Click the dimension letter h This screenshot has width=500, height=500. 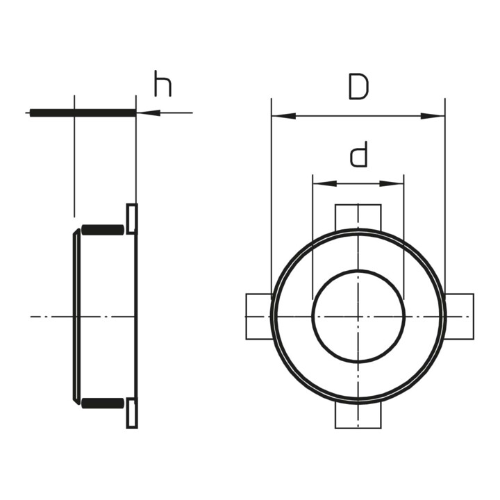[x=162, y=84]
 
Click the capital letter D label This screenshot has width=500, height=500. [x=359, y=86]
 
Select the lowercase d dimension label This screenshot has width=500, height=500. [x=359, y=154]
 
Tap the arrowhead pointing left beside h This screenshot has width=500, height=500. [x=148, y=112]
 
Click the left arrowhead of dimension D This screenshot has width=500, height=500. [x=283, y=116]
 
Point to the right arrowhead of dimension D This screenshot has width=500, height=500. [x=433, y=116]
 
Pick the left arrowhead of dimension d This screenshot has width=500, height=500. [x=325, y=183]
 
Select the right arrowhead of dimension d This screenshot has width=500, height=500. [x=392, y=183]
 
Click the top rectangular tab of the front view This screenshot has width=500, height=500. [x=358, y=217]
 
